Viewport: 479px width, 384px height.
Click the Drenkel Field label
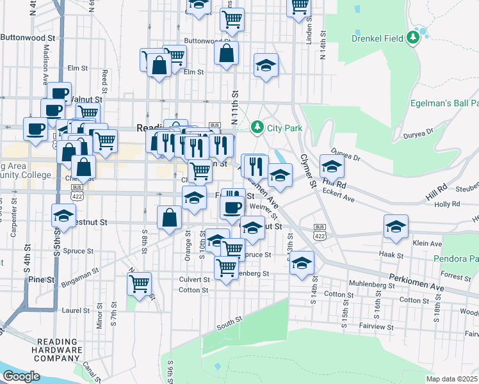378,38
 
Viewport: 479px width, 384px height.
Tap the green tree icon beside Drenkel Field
414,38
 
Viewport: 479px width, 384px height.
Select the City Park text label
284,128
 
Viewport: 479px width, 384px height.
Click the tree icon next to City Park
257,128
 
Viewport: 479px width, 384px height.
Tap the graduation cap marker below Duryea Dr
332,166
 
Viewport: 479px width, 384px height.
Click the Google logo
21,376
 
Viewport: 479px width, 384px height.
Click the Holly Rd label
447,204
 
